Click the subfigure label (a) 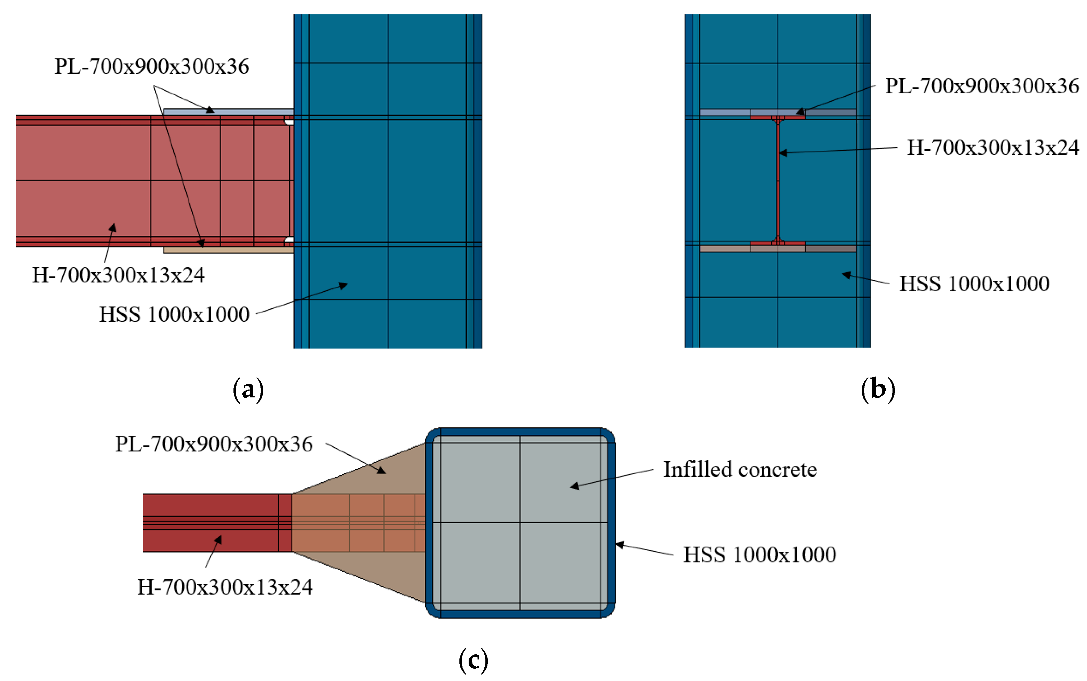[x=248, y=390]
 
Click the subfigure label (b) [x=877, y=390]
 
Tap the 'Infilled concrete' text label [x=740, y=470]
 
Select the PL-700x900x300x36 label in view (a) [x=152, y=66]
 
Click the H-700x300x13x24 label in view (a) [x=118, y=275]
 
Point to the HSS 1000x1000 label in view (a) [x=174, y=314]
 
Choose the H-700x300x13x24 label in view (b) [x=993, y=148]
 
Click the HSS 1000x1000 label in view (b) [x=974, y=284]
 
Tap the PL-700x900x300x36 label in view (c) [x=214, y=444]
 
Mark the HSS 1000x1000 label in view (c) [x=760, y=555]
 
